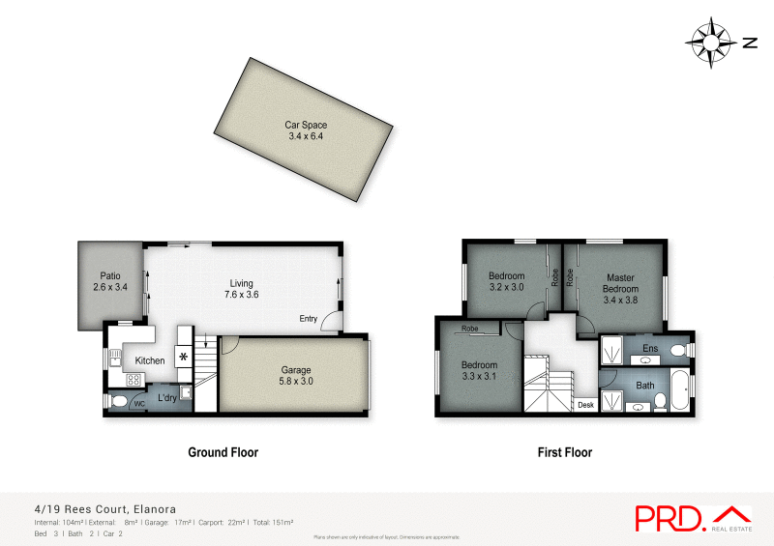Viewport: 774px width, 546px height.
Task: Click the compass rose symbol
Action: tap(711, 43)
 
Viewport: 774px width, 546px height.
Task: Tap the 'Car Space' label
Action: tap(306, 125)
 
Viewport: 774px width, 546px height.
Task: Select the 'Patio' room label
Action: tap(109, 275)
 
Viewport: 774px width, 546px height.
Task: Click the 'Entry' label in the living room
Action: tap(308, 319)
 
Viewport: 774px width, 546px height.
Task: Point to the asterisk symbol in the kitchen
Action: tap(183, 357)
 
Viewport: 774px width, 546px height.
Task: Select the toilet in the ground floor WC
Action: tap(118, 402)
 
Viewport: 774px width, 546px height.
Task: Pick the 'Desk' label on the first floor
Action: tap(584, 405)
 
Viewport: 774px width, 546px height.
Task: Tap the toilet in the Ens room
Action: tap(679, 349)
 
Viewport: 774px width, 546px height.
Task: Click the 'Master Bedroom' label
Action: tap(620, 283)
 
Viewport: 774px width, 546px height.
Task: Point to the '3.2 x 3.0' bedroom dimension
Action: tap(506, 288)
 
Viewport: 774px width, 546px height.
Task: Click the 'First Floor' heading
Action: tap(564, 452)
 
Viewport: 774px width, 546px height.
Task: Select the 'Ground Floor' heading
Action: tap(222, 452)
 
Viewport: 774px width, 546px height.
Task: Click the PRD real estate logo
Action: tap(693, 518)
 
